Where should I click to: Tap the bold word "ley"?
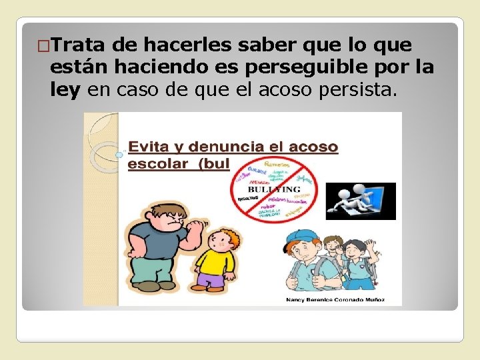[x=65, y=89]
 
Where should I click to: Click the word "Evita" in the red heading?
[x=149, y=147]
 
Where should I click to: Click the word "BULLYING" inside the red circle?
[x=275, y=189]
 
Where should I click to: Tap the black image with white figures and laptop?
[x=364, y=201]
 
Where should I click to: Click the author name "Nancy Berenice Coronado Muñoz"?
[x=335, y=300]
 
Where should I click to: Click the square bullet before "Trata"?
[x=43, y=46]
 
